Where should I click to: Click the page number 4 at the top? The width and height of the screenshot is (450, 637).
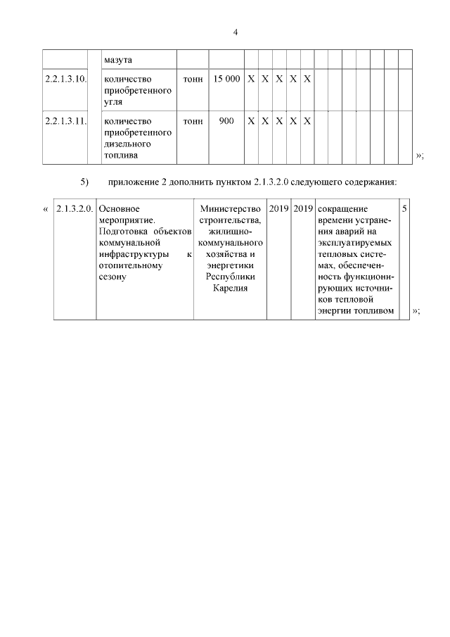pyautogui.click(x=236, y=32)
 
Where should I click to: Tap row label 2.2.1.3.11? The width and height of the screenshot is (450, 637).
pyautogui.click(x=65, y=121)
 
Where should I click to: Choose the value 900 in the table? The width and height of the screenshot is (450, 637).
pyautogui.click(x=226, y=121)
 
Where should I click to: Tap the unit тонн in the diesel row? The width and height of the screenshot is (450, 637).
pyautogui.click(x=193, y=121)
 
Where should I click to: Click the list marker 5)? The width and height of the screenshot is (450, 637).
pyautogui.click(x=84, y=182)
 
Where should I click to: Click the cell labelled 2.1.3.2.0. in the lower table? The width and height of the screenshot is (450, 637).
pyautogui.click(x=74, y=209)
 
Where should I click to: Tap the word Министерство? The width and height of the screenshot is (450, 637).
pyautogui.click(x=231, y=209)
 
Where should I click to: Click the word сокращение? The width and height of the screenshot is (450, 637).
pyautogui.click(x=347, y=209)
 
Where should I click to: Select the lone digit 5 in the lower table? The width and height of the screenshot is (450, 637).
pyautogui.click(x=404, y=209)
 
